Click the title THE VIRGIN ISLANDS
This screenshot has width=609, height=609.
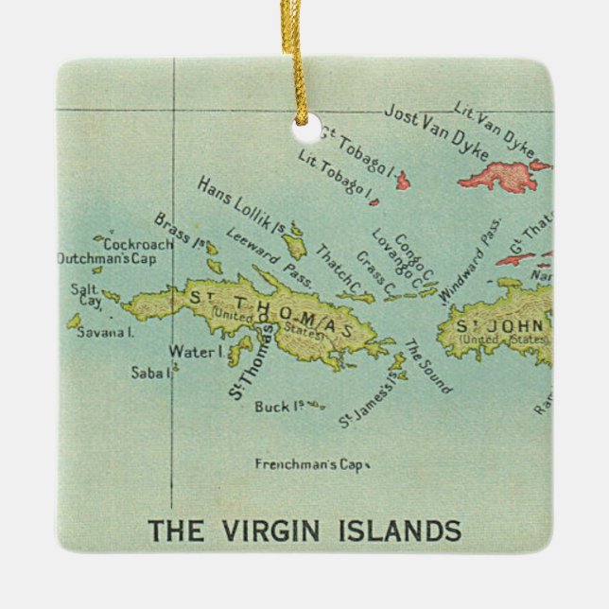304,530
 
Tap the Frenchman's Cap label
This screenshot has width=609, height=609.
310,464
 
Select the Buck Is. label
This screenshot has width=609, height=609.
278,407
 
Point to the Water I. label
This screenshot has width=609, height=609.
195,352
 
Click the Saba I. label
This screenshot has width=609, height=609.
154,372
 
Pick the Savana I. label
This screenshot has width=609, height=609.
105,332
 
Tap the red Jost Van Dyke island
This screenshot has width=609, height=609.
502,176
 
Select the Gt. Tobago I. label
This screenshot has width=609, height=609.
357,151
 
